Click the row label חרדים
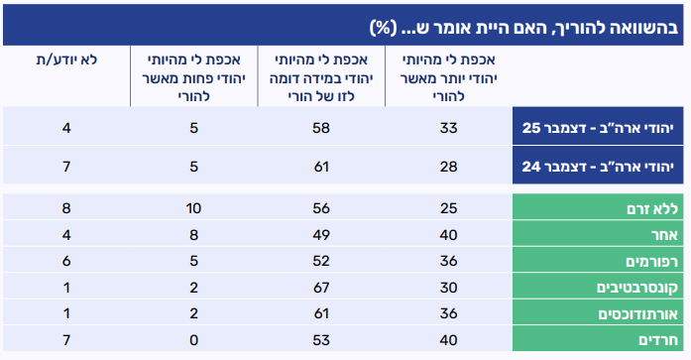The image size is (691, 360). [x=658, y=340]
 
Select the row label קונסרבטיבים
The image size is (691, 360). [x=637, y=288]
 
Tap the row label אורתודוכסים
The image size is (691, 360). [x=637, y=314]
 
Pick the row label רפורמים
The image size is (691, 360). [x=651, y=262]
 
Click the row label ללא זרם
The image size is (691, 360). [x=652, y=209]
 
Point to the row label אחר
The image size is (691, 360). [x=664, y=235]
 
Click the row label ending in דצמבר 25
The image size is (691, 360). [x=598, y=128]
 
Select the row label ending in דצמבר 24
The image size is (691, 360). [x=598, y=167]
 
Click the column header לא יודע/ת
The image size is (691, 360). [x=66, y=60]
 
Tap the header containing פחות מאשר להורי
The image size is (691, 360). [x=194, y=78]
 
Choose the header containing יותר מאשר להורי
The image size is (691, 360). [x=449, y=78]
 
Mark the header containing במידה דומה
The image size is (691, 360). [x=321, y=78]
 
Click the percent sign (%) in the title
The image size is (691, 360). [x=381, y=28]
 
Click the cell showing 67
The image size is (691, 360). [x=321, y=288]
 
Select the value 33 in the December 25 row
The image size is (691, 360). [x=449, y=128]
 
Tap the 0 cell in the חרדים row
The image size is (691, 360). [x=194, y=340]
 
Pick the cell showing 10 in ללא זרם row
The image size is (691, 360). [x=193, y=208]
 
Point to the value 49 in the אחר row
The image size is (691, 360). [x=321, y=235]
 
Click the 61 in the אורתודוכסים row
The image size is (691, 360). [x=321, y=313]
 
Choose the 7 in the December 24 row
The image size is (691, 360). [x=66, y=167]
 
